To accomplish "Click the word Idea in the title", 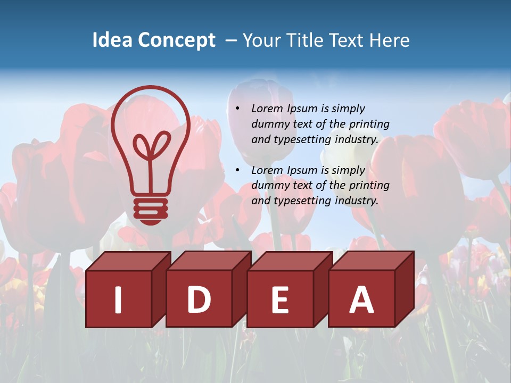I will [x=113, y=40].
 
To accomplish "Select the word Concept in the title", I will [x=177, y=40].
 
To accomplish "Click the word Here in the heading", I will [x=390, y=40].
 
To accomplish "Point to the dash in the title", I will [x=231, y=40].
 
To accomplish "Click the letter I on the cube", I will [x=118, y=299].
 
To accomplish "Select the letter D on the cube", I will [x=199, y=299].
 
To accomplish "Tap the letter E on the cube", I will [x=280, y=299].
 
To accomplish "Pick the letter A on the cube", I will [x=361, y=299].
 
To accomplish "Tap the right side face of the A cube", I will [x=404, y=290].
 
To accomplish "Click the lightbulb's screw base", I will [x=151, y=210].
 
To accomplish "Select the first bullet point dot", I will [x=238, y=109].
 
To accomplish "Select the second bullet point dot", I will [x=238, y=170].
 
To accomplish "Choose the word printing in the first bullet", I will [x=369, y=124].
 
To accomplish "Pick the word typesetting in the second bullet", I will [x=301, y=201].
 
